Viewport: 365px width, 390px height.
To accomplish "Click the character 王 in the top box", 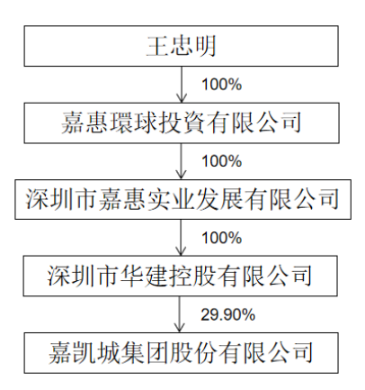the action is pyautogui.click(x=156, y=46).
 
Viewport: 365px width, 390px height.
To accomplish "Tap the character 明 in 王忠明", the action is pyautogui.click(x=205, y=46).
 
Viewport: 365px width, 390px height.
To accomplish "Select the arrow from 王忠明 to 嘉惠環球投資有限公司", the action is pyautogui.click(x=182, y=85).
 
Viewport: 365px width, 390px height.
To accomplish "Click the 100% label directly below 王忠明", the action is pyautogui.click(x=222, y=85).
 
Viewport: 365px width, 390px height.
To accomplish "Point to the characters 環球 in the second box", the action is pyautogui.click(x=121, y=122).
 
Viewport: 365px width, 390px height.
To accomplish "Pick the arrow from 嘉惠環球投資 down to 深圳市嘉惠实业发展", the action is pyautogui.click(x=181, y=161).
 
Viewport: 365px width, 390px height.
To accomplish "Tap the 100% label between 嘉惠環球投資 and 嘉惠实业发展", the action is pyautogui.click(x=222, y=161).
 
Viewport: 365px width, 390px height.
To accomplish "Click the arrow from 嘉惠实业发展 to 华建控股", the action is pyautogui.click(x=181, y=238).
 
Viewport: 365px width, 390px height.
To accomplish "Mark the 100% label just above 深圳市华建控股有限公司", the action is pyautogui.click(x=222, y=238).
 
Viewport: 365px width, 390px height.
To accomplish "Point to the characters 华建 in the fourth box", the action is pyautogui.click(x=145, y=276).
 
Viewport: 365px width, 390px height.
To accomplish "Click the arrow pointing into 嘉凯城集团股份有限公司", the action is pyautogui.click(x=179, y=314).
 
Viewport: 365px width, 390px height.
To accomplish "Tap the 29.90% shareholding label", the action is pyautogui.click(x=227, y=315).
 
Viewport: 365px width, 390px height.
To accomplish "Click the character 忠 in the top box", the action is pyautogui.click(x=181, y=46).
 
